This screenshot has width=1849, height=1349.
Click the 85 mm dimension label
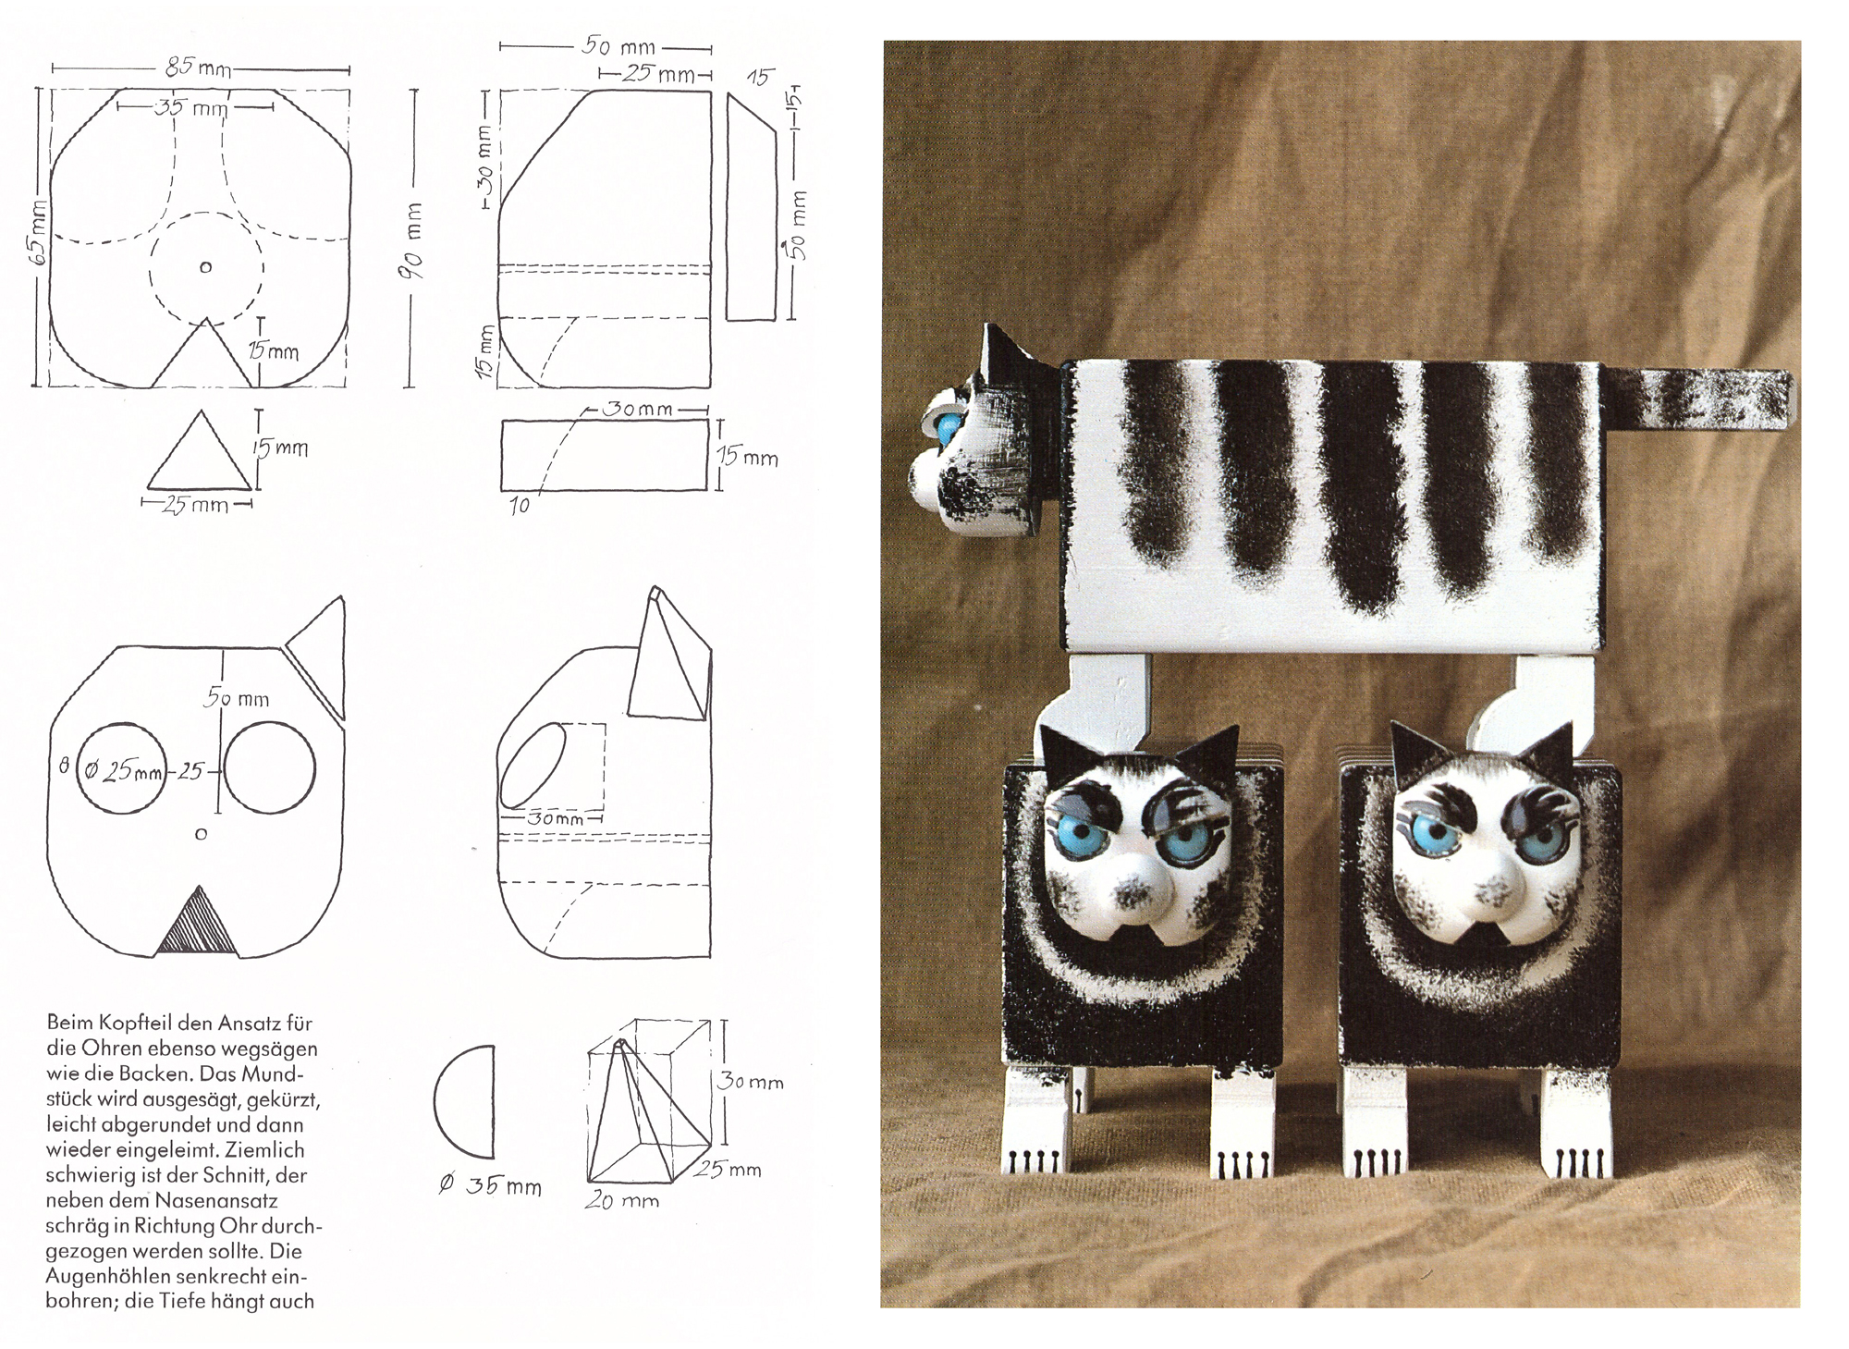(198, 67)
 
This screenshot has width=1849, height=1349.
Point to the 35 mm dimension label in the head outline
(191, 107)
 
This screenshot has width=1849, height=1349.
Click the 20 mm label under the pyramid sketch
(621, 1200)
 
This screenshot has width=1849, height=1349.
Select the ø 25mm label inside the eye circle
(125, 770)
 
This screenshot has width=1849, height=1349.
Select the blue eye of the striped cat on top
(948, 426)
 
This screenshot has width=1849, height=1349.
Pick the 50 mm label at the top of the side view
(618, 46)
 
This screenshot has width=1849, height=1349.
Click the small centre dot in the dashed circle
(205, 268)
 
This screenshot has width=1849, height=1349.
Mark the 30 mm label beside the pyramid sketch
(751, 1081)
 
